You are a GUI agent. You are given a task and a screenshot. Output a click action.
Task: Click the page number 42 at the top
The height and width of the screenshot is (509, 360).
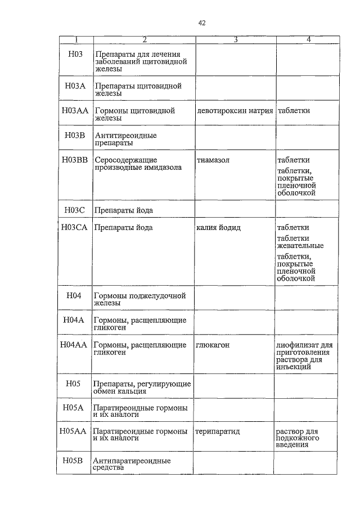tap(201, 23)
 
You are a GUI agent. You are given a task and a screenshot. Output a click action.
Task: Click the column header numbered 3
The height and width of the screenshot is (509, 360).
tap(235, 39)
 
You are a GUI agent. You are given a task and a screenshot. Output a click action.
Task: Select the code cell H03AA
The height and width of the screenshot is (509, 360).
tap(75, 111)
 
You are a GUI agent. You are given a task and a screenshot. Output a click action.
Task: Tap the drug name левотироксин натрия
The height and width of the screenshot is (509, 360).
tap(235, 111)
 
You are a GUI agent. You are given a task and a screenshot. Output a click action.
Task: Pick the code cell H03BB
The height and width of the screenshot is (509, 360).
tap(75, 160)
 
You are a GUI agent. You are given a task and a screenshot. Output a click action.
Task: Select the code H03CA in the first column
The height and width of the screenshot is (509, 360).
tap(75, 228)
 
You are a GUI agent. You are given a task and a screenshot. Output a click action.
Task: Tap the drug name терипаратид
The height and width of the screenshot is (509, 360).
tap(218, 431)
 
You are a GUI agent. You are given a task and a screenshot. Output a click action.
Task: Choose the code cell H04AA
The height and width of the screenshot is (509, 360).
tap(74, 344)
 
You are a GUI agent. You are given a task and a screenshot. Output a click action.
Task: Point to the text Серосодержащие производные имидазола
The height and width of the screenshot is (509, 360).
tap(138, 164)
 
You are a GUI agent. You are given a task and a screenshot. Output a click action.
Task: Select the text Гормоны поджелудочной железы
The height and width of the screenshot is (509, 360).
tap(139, 299)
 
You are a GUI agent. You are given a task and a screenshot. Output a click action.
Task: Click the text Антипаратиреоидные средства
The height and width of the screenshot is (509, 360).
tap(132, 465)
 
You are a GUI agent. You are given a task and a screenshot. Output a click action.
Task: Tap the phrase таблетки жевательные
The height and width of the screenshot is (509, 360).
tap(300, 242)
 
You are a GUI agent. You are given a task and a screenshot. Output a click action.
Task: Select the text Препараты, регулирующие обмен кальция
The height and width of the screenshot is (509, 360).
tap(142, 388)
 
